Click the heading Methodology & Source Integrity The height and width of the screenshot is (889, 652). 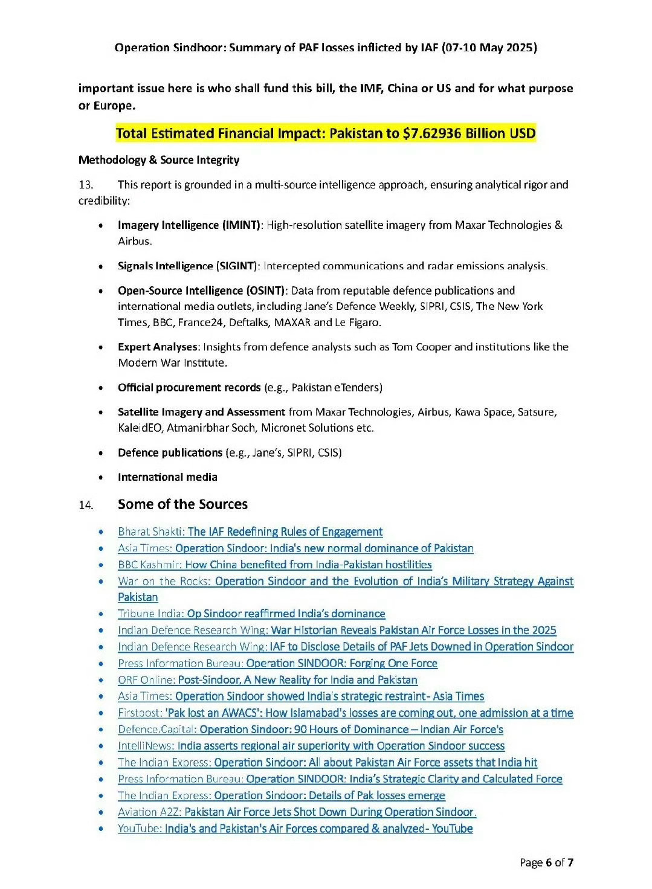click(159, 160)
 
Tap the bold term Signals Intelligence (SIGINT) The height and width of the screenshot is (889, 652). click(188, 266)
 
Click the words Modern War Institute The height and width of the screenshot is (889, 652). click(172, 363)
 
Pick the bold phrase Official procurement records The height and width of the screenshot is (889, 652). click(190, 388)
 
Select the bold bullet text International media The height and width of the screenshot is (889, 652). click(167, 477)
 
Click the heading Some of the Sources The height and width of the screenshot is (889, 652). click(182, 504)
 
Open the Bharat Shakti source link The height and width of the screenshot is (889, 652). click(250, 532)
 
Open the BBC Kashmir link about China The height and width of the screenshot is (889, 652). click(275, 565)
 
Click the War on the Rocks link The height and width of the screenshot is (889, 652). click(346, 582)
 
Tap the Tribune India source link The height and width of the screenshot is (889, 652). click(251, 614)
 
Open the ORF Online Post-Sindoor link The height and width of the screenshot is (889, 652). click(268, 680)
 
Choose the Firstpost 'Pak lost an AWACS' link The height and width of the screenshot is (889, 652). click(346, 713)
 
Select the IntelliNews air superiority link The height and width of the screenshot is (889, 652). click(311, 746)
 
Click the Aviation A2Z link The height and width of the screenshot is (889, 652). click(297, 812)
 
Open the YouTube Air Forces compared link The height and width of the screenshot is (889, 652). click(295, 829)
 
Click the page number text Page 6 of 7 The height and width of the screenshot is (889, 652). click(546, 862)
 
